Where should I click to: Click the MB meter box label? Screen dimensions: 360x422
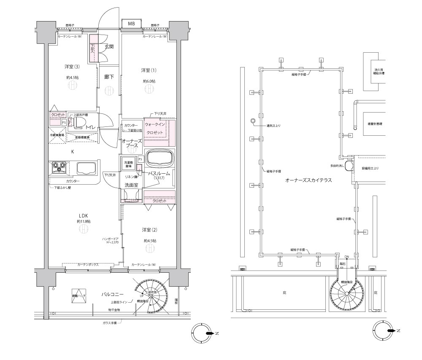pyautogui.click(x=132, y=24)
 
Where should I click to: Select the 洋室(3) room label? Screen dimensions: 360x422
pyautogui.click(x=72, y=67)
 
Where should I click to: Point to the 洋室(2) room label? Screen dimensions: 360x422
pyautogui.click(x=149, y=230)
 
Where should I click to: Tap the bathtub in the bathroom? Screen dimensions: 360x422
pyautogui.click(x=160, y=160)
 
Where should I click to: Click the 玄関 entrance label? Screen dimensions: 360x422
pyautogui.click(x=109, y=47)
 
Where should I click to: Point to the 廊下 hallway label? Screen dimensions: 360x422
pyautogui.click(x=109, y=77)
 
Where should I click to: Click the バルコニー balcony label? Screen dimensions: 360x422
pyautogui.click(x=112, y=293)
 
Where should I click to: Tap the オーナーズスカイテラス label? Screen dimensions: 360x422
pyautogui.click(x=308, y=180)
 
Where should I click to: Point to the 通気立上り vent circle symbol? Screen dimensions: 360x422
pyautogui.click(x=253, y=121)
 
